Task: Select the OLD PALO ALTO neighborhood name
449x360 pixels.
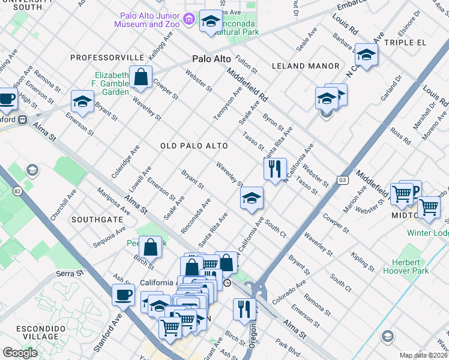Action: coord(194,146)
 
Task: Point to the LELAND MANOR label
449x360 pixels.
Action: coord(306,65)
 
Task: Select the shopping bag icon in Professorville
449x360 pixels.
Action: coord(140,77)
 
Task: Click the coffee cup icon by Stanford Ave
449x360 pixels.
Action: coord(123,294)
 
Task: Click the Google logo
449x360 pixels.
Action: coord(20,353)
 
